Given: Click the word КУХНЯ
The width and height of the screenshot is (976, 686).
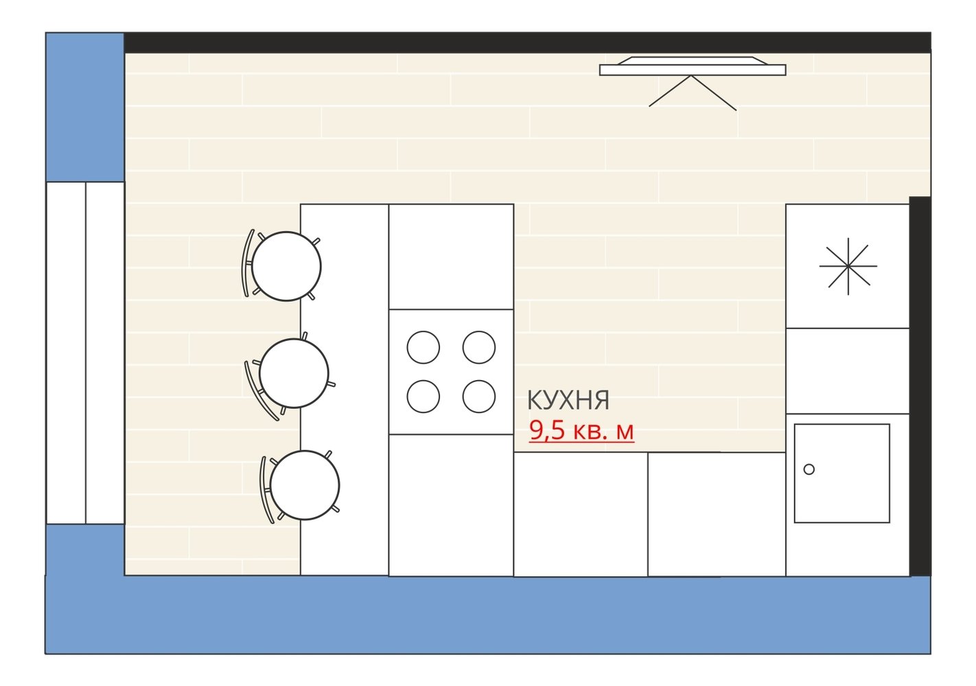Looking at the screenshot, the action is [x=568, y=400].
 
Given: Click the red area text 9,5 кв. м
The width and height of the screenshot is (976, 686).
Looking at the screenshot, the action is [x=581, y=430].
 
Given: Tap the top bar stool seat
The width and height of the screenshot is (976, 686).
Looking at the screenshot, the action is [x=286, y=266].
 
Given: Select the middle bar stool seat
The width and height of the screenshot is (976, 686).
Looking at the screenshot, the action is [x=294, y=373].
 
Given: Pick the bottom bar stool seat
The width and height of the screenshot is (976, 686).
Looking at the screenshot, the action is [x=305, y=485].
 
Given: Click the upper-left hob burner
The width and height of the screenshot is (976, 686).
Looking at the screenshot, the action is [x=423, y=347].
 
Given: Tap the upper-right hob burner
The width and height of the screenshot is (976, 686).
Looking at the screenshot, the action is [x=479, y=347].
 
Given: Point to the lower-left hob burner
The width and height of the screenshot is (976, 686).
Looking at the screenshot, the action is [x=423, y=397].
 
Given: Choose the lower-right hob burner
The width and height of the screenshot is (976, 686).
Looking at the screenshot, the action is [x=479, y=397].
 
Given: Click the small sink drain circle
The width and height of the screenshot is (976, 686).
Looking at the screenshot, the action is [x=809, y=469].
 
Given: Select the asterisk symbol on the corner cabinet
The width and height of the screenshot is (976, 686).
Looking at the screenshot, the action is [x=848, y=266].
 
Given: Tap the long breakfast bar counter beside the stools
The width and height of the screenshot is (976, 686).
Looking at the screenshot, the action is [x=345, y=390].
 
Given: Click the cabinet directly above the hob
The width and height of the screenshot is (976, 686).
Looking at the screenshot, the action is [x=451, y=257].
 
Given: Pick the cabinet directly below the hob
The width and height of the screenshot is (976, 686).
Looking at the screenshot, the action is [x=451, y=506].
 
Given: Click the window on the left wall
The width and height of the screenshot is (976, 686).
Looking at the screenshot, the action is [x=85, y=353].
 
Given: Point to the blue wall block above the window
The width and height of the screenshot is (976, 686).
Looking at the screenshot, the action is [x=85, y=107].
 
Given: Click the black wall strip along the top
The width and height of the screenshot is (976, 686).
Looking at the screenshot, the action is [x=527, y=43].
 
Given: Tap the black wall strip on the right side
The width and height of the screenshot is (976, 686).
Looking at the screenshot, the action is [x=920, y=386].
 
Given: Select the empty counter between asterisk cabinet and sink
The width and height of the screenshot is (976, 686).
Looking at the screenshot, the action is [x=848, y=371].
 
